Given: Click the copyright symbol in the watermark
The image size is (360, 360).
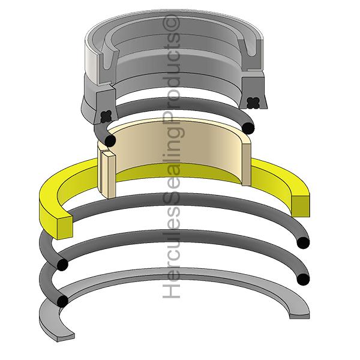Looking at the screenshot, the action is (171, 23).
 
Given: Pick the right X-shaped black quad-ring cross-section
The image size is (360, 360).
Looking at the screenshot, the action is (253, 103).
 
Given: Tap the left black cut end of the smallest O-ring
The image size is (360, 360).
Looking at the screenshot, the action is (110, 140).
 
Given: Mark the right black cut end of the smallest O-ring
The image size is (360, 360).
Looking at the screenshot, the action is (248, 128).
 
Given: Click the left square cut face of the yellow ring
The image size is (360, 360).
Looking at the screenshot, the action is (65, 227).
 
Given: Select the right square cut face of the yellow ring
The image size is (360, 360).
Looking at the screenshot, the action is (301, 206).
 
